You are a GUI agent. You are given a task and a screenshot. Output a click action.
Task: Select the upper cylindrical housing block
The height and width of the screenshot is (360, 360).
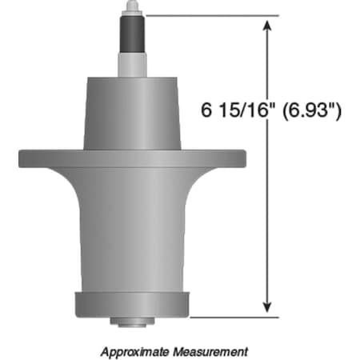[132, 112]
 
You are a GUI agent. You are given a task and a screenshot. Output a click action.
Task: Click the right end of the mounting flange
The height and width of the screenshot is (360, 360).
[238, 157]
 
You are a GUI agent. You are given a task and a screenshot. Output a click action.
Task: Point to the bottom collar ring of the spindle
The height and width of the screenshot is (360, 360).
[132, 305]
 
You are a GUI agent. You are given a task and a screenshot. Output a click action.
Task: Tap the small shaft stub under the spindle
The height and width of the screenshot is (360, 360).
[132, 323]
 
